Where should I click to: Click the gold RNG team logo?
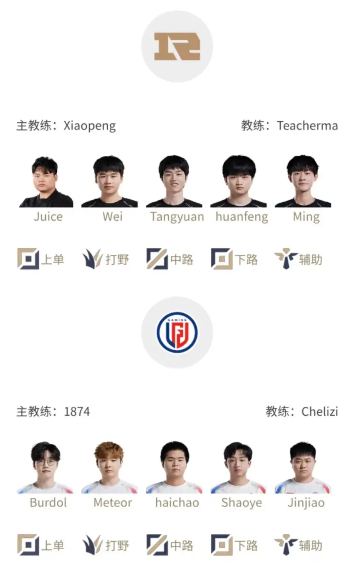coord(177,46)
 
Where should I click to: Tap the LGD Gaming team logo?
coord(177,332)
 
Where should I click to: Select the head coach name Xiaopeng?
coord(90,125)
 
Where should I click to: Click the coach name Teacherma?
coord(307,125)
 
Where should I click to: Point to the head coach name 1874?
coord(76,411)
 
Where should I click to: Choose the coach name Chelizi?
coord(319,411)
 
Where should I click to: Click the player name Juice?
coord(48,216)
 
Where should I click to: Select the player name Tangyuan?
coord(177,216)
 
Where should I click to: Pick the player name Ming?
coord(306,216)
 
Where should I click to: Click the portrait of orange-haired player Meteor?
coord(109,468)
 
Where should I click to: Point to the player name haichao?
coord(177,502)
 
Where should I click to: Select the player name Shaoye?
coord(241,502)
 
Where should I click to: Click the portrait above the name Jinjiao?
coord(303,468)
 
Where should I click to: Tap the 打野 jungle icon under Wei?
coord(92,259)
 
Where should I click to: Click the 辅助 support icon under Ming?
coord(286,259)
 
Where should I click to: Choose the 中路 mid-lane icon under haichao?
coord(157,545)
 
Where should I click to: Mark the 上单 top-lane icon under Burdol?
coord(28,545)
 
